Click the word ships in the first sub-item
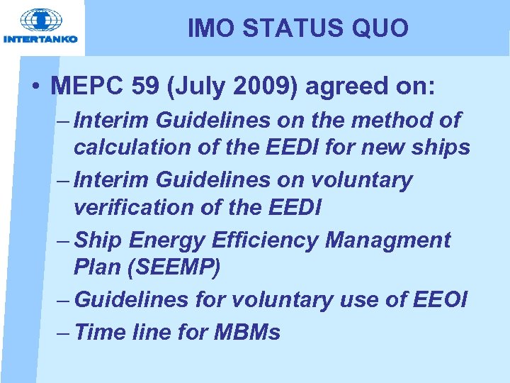442,147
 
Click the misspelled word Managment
387,240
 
